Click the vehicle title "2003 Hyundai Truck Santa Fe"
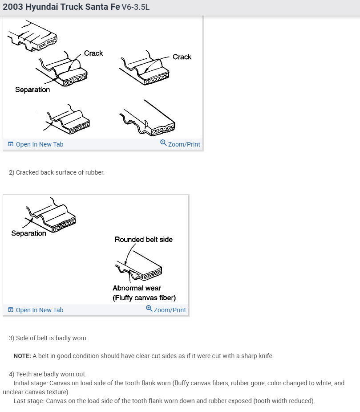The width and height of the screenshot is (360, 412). click(61, 8)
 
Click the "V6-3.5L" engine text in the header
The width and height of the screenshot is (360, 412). click(135, 8)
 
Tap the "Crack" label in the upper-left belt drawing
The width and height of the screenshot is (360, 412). click(93, 53)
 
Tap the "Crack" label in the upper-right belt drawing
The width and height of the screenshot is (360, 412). click(182, 57)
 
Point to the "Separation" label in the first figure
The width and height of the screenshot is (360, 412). click(32, 90)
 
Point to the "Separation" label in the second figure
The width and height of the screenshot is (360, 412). click(28, 233)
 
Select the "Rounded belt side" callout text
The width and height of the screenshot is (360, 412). click(143, 240)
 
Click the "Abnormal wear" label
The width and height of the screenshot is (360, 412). click(137, 288)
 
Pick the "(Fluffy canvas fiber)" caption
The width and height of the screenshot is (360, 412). click(144, 298)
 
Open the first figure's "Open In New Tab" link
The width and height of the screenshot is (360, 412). click(39, 144)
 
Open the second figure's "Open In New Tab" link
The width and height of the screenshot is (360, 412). click(39, 310)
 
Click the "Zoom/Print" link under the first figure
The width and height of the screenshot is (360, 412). click(184, 144)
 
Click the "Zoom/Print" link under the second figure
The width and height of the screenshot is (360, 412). click(170, 310)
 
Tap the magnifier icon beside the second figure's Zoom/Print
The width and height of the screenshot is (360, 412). click(149, 309)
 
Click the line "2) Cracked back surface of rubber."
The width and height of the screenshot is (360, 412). click(57, 172)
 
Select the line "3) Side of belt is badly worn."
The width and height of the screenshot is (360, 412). click(48, 338)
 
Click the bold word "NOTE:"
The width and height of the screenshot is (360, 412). click(22, 356)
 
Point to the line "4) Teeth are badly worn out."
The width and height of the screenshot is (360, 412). click(48, 374)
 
